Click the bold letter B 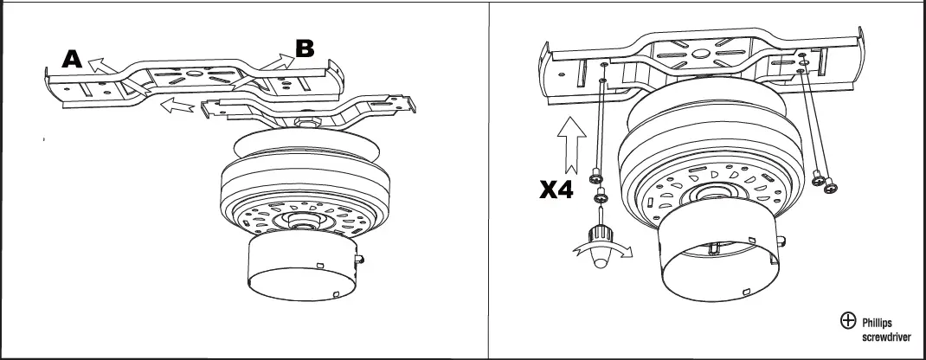[305, 48]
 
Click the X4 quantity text [559, 190]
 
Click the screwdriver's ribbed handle [597, 235]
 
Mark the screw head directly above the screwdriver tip [597, 199]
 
